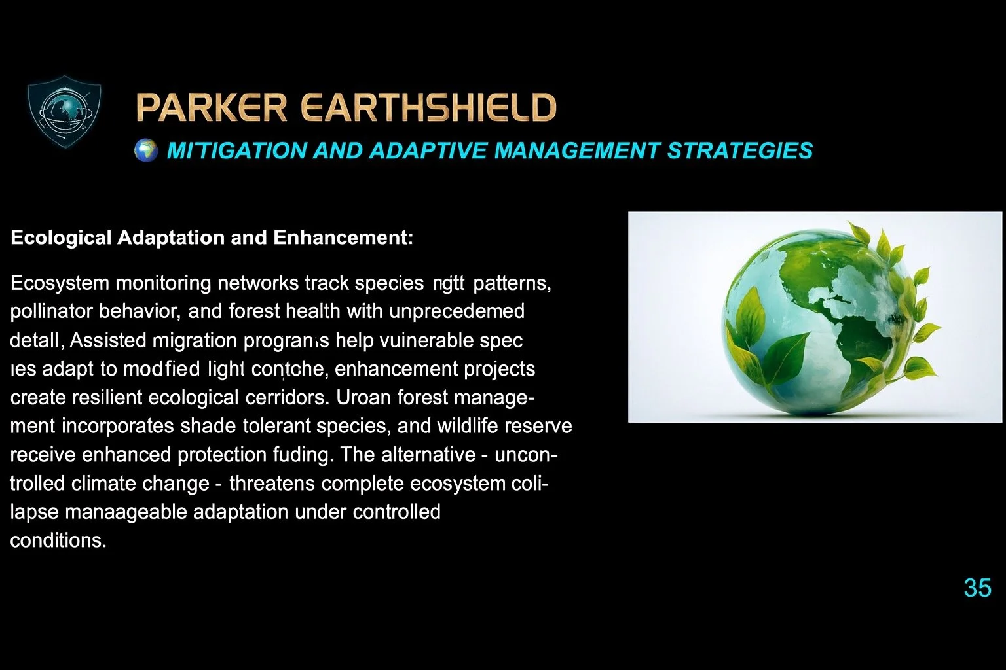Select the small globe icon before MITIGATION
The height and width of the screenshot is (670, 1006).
point(146,150)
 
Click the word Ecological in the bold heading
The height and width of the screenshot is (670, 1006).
point(61,238)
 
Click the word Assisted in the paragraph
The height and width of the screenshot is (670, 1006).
point(107,340)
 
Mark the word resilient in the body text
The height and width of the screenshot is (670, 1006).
point(103,398)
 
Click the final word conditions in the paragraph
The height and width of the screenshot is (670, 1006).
point(57,540)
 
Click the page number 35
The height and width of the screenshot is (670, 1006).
point(977,588)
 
